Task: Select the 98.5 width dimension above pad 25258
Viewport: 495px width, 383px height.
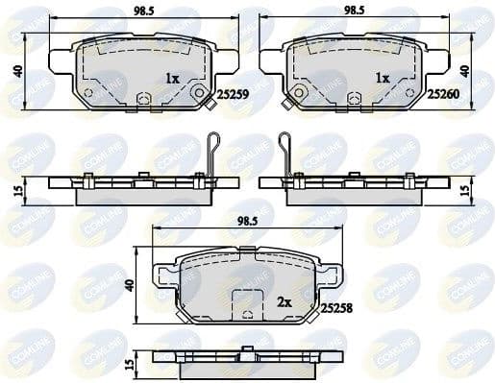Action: [x=249, y=222]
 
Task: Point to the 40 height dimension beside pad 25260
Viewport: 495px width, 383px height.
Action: [x=464, y=70]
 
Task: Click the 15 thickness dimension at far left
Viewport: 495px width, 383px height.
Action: [x=16, y=190]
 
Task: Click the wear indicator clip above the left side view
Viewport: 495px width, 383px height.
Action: [x=215, y=150]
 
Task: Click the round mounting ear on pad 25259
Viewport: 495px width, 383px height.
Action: [x=199, y=95]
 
